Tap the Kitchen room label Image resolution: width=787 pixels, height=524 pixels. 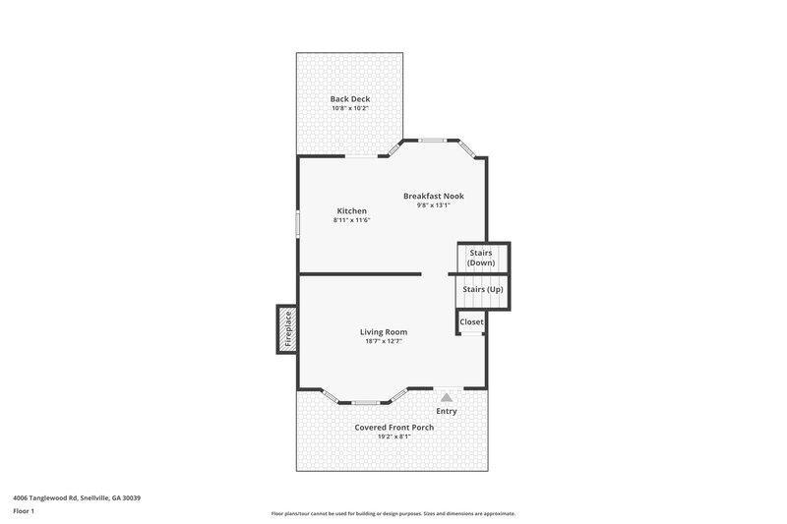tap(351, 210)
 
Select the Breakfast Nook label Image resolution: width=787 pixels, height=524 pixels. tap(433, 196)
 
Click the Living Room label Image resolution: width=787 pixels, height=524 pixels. tap(383, 331)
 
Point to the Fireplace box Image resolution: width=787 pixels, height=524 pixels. tap(287, 328)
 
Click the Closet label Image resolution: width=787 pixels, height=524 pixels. tap(471, 321)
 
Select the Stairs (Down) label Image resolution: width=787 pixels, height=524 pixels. tap(481, 258)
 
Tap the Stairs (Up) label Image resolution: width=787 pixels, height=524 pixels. tap(482, 289)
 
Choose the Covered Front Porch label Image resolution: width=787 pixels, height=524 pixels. tap(393, 427)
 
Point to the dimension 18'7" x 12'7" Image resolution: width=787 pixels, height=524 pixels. tap(383, 341)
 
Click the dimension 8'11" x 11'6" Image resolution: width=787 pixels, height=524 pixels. tap(351, 220)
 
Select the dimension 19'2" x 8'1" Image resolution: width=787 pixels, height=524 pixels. tap(393, 437)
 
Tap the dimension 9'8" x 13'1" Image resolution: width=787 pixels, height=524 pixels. tap(433, 205)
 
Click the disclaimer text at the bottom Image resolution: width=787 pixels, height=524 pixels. tap(393, 513)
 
